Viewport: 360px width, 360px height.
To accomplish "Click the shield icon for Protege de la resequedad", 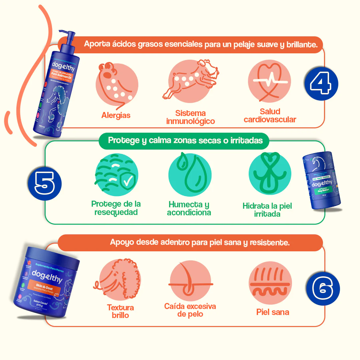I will click(x=116, y=175).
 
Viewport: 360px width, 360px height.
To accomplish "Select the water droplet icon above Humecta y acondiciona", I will click(x=189, y=175).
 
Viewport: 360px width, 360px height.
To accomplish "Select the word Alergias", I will click(x=116, y=115).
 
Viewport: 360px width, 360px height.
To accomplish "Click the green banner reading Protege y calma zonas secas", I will click(x=185, y=140).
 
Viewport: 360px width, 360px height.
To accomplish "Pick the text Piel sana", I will click(x=272, y=312).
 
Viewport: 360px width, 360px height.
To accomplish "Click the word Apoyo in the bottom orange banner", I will click(x=121, y=242).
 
